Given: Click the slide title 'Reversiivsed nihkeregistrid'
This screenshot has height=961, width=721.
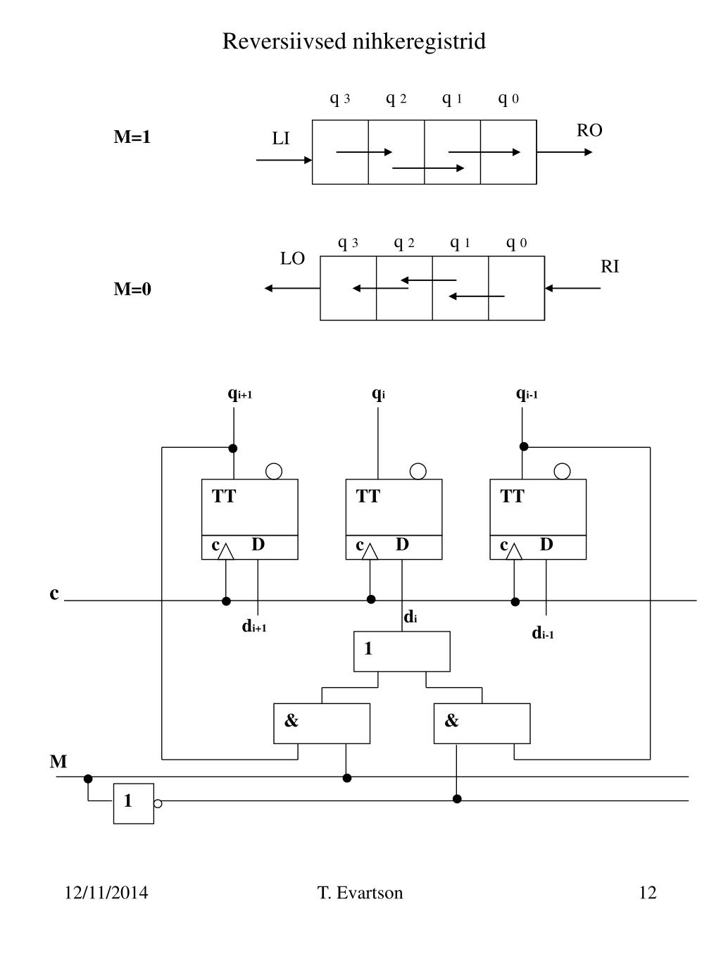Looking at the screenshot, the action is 353,41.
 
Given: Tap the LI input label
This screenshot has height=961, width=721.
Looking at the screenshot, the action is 281,139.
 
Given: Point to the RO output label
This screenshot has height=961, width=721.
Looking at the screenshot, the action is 589,130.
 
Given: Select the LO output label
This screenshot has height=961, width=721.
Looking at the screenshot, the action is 292,258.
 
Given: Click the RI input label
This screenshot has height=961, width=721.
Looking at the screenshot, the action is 610,266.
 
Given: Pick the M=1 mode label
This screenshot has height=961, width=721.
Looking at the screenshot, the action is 132,137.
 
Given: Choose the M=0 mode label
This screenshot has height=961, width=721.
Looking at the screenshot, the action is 132,289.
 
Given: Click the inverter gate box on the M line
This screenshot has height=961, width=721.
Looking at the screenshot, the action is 134,803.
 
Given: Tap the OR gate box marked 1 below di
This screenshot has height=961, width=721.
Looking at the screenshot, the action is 402,651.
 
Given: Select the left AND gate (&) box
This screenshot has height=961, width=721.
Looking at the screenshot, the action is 322,724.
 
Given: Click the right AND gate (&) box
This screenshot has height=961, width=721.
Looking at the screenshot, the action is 482,724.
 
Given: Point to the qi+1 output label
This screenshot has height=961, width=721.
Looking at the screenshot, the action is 240,394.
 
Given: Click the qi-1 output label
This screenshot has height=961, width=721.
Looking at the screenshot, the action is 527,394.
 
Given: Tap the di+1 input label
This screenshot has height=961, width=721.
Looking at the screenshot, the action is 254,626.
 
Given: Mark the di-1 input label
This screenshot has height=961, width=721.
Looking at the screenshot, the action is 543,632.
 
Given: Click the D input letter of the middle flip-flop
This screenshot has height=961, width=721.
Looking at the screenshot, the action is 402,544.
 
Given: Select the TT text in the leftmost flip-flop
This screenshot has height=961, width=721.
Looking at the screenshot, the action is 224,496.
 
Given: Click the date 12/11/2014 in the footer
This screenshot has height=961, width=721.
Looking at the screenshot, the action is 106,892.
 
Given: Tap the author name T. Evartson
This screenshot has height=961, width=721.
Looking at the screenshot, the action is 360,892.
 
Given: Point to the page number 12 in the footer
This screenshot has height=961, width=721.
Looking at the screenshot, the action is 648,892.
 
